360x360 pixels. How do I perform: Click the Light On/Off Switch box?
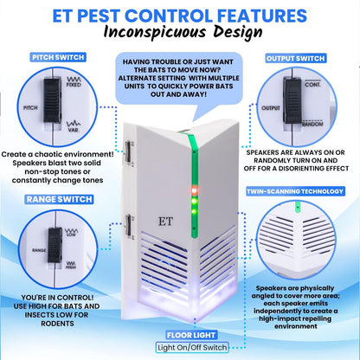coord(180,347)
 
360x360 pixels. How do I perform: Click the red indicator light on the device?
coord(194,188)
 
